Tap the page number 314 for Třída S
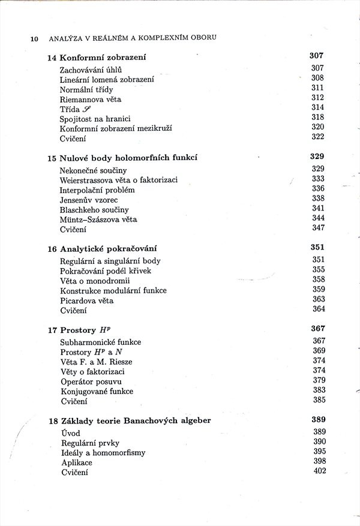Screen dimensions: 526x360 pyautogui.click(x=318, y=107)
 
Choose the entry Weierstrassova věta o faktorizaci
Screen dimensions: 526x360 pyautogui.click(x=119, y=180)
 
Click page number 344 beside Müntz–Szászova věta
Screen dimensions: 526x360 pyautogui.click(x=319, y=218)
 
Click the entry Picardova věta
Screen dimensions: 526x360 pyautogui.click(x=87, y=300)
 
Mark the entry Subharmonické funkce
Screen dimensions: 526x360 pyautogui.click(x=101, y=342)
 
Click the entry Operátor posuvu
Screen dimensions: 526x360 pyautogui.click(x=91, y=381)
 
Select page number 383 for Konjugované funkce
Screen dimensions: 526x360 pyautogui.click(x=319, y=390)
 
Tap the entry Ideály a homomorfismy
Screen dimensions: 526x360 pyautogui.click(x=103, y=453)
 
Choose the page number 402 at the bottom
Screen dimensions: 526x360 pyautogui.click(x=320, y=471)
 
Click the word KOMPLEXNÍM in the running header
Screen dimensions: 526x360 pyautogui.click(x=162, y=38)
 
